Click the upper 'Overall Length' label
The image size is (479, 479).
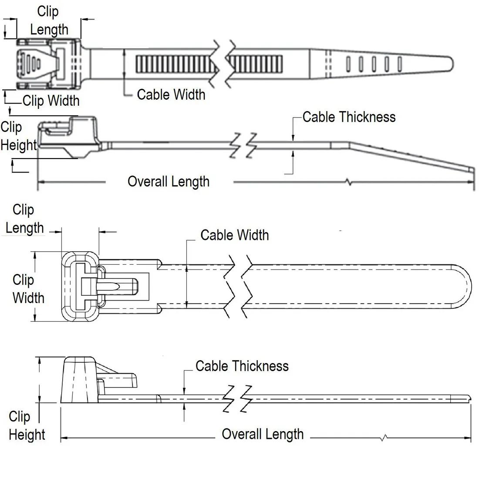pyautogui.click(x=169, y=182)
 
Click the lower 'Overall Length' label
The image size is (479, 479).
pyautogui.click(x=263, y=434)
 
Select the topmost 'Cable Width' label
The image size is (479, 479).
pyautogui.click(x=171, y=94)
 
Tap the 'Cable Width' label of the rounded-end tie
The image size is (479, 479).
pyautogui.click(x=234, y=235)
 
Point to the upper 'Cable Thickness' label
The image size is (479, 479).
pyautogui.click(x=349, y=117)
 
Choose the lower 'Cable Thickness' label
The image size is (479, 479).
pyautogui.click(x=242, y=366)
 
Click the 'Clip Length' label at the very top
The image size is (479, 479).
pyautogui.click(x=48, y=20)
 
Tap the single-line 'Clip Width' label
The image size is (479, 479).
pyautogui.click(x=51, y=101)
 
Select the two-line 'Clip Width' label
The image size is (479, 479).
pyautogui.click(x=28, y=289)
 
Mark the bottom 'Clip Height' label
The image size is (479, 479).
pyautogui.click(x=26, y=425)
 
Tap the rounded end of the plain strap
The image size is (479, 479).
pyautogui.click(x=464, y=285)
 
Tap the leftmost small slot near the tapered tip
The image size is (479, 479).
pyautogui.click(x=348, y=64)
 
